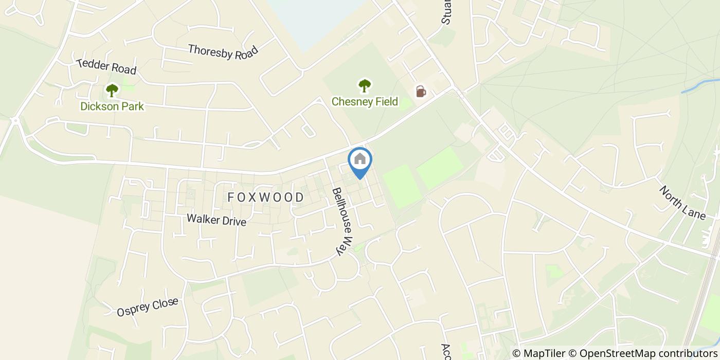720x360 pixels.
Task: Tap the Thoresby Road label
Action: [x=223, y=52]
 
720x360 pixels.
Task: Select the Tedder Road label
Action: [x=106, y=66]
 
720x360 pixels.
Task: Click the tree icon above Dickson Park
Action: [x=112, y=91]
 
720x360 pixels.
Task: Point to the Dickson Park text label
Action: [x=112, y=106]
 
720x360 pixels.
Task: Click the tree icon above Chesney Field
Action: [x=365, y=85]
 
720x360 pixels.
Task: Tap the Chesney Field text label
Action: [x=365, y=101]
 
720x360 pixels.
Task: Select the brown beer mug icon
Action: [x=421, y=92]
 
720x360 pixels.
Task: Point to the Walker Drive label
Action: [x=216, y=220]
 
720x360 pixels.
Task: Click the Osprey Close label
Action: [x=147, y=307]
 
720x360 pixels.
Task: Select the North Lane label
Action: [x=682, y=203]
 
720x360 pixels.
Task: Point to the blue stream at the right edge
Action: [x=699, y=86]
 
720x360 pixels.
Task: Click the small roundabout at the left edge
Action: [x=14, y=121]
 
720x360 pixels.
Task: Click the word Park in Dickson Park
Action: [x=132, y=106]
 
